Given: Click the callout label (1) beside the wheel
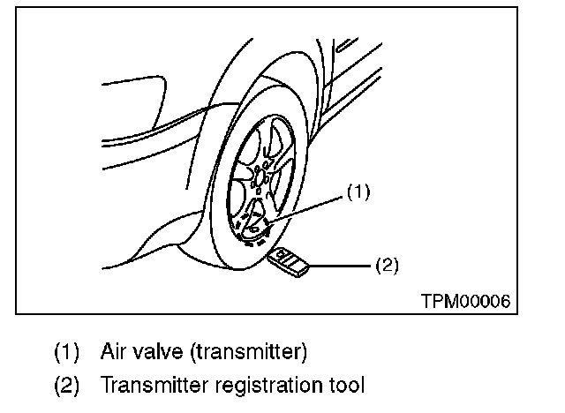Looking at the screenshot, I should click(357, 191).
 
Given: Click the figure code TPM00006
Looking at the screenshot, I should click(465, 300).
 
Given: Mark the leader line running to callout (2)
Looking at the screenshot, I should click(340, 264).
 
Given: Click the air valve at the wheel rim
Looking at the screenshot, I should click(265, 228).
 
